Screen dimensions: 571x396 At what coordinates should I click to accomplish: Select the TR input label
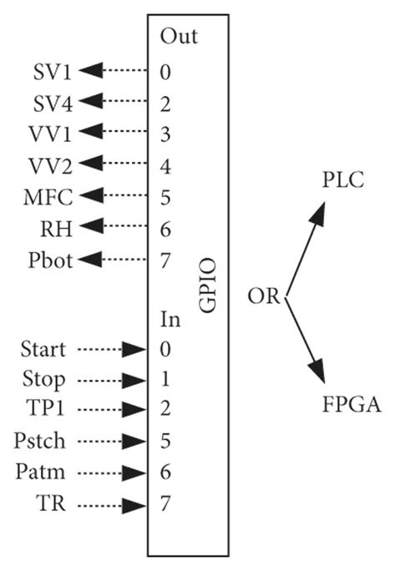[44, 505]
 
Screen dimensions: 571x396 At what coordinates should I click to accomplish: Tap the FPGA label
[351, 407]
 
